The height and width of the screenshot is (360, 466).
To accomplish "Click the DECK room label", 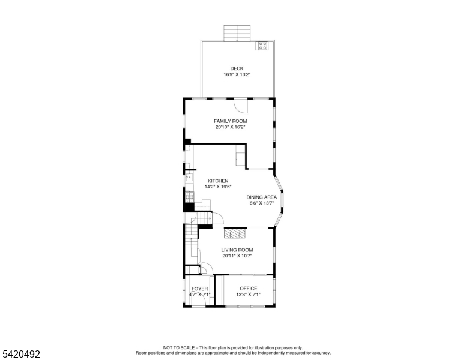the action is click(x=237, y=68).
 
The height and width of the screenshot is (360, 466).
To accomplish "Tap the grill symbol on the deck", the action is click(x=262, y=46).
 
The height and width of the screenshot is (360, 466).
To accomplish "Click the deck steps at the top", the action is click(x=237, y=33).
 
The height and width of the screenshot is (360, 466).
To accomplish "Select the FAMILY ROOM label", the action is click(x=231, y=121).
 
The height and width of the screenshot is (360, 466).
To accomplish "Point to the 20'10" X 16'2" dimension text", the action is click(x=231, y=127).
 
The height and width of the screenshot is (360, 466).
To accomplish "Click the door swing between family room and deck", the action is click(x=241, y=106).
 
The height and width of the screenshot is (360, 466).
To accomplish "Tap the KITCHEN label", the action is click(x=218, y=181).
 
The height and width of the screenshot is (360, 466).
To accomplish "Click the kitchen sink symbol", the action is click(x=189, y=178).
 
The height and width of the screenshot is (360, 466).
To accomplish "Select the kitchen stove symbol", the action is click(x=190, y=197).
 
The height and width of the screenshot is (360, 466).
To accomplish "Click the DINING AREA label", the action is click(x=262, y=197).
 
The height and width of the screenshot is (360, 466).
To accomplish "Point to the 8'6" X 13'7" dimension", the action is click(x=262, y=203).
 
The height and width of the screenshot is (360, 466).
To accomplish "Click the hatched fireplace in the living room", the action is click(x=235, y=233).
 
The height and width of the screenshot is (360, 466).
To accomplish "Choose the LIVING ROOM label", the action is click(x=237, y=250).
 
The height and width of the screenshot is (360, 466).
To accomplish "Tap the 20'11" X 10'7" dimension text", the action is click(x=237, y=256).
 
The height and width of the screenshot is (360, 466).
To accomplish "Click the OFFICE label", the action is click(x=249, y=289).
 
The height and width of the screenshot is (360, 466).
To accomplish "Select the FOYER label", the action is click(x=200, y=289).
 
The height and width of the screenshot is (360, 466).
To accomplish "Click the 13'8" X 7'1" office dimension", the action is click(x=249, y=295).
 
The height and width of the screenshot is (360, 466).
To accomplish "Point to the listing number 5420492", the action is click(x=21, y=354).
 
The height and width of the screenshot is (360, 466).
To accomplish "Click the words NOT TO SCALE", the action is click(x=179, y=347).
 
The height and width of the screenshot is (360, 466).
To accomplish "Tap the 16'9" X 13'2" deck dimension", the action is click(x=237, y=74).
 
